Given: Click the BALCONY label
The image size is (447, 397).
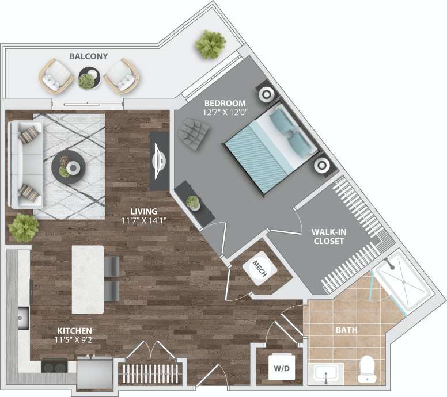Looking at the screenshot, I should (x=88, y=56).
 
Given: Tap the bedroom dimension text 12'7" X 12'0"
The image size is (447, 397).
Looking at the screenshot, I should (x=225, y=112).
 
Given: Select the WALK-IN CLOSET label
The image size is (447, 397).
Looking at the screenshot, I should (x=328, y=236).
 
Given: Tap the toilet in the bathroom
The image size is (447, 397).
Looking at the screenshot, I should (x=367, y=369).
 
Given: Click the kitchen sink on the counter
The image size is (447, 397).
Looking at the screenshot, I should (x=23, y=316).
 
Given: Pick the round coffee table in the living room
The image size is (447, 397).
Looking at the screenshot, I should (x=69, y=167).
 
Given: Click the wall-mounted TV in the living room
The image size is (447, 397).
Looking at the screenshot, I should (x=159, y=162).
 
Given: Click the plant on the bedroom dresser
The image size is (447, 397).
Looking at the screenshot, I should (x=193, y=202).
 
